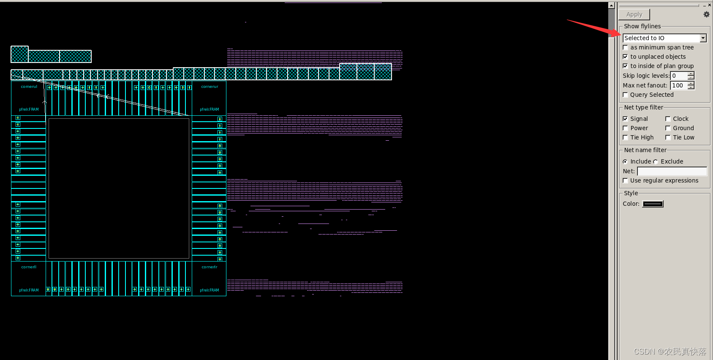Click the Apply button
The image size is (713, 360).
point(634,14)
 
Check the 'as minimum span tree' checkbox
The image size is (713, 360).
point(626,47)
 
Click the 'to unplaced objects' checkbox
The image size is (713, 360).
point(626,57)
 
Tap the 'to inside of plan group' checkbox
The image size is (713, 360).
point(626,66)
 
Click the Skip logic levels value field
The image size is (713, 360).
point(679,76)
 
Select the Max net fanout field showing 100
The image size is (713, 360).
point(679,85)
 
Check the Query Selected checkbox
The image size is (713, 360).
point(626,95)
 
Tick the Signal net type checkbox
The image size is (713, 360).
point(626,119)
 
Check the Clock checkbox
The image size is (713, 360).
point(668,119)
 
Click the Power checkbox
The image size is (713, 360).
point(626,128)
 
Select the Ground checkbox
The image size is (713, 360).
point(668,128)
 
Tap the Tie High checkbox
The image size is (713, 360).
point(626,137)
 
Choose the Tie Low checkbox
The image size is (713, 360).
point(668,137)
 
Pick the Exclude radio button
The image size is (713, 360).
point(656,161)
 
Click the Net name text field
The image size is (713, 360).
point(672,171)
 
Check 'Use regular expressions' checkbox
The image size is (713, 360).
point(626,180)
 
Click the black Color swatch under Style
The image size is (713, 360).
point(653,204)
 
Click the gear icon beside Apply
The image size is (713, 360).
point(706,14)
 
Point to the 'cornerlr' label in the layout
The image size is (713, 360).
point(210,267)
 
